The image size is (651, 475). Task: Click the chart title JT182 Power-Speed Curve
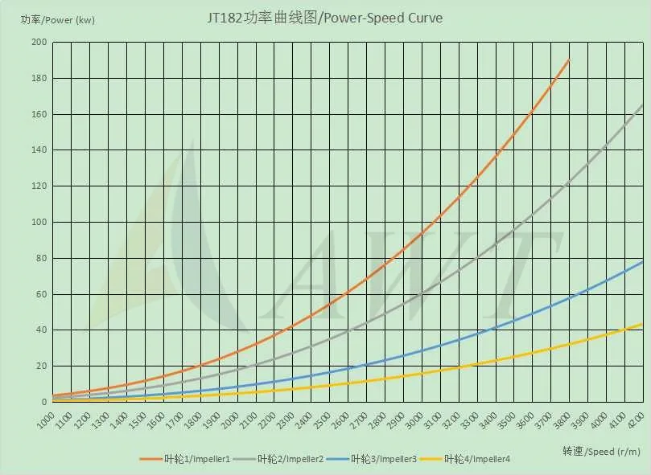tap(326, 18)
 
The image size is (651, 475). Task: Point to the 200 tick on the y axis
tap(39, 43)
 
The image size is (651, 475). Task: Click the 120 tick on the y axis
tap(39, 186)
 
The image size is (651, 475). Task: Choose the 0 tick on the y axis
tap(44, 402)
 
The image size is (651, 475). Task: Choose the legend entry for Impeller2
tap(290, 459)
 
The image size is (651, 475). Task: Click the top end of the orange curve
tap(569, 59)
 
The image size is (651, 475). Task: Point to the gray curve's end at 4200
tap(642, 105)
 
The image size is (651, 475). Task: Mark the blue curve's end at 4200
tap(642, 262)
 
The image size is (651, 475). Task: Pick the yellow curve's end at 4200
tap(642, 324)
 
